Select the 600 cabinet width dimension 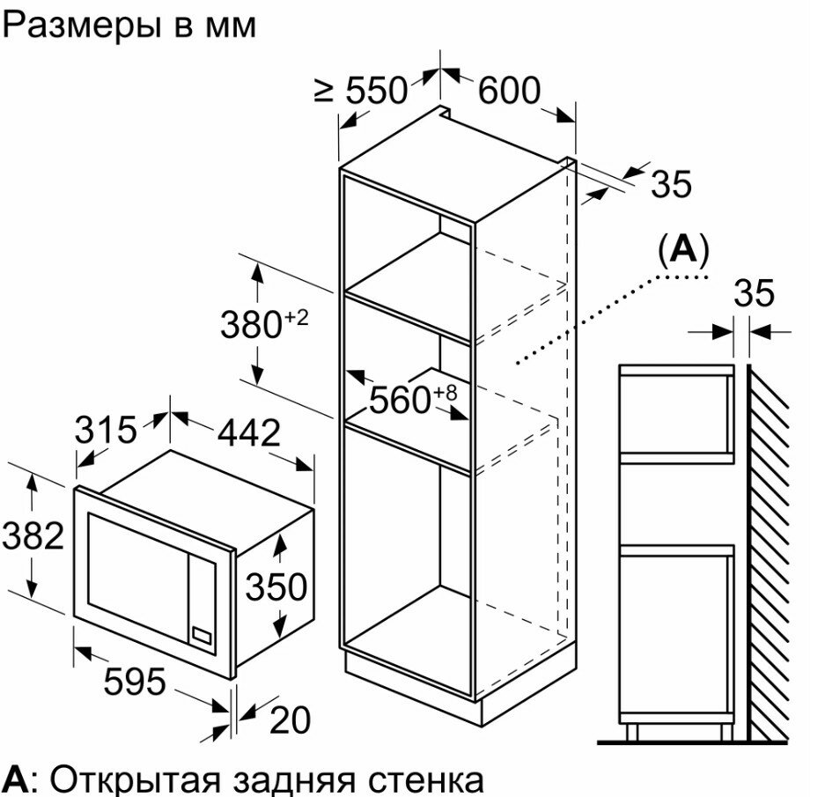[508, 90]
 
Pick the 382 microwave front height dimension [33, 535]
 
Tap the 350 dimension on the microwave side [276, 586]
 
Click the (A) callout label [682, 251]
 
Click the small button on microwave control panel [203, 633]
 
